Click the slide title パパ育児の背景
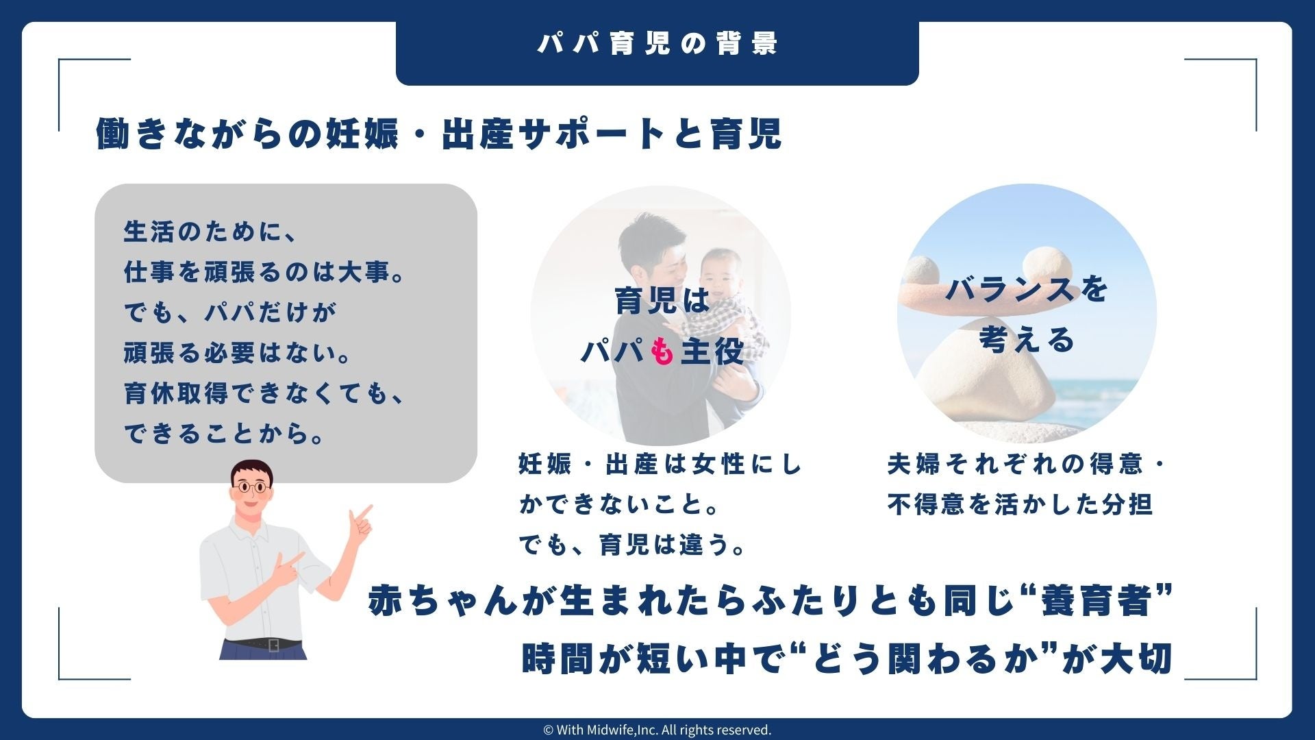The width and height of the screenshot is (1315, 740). pos(657,44)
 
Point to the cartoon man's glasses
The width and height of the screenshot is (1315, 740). pos(250,487)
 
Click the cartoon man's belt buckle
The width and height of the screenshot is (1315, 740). pos(273,645)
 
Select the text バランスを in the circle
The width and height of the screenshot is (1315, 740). pos(1027,289)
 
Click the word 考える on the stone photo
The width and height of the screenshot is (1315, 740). pos(1027,339)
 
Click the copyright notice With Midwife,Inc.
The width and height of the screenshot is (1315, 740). pos(657,730)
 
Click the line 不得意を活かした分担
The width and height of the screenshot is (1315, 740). pos(1020,505)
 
